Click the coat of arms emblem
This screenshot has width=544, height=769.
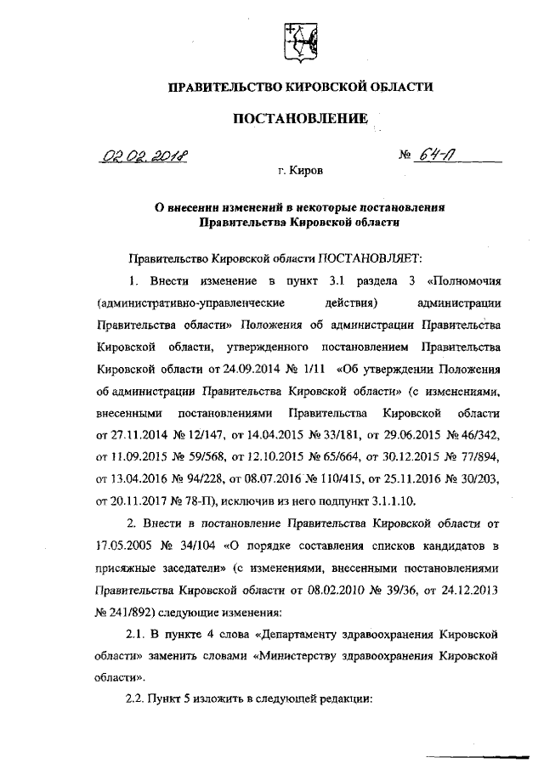[x=300, y=40]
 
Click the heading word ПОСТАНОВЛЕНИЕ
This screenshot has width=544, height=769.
[x=301, y=119]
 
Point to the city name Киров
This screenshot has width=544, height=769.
[x=306, y=171]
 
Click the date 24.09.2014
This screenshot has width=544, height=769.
[x=244, y=370]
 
